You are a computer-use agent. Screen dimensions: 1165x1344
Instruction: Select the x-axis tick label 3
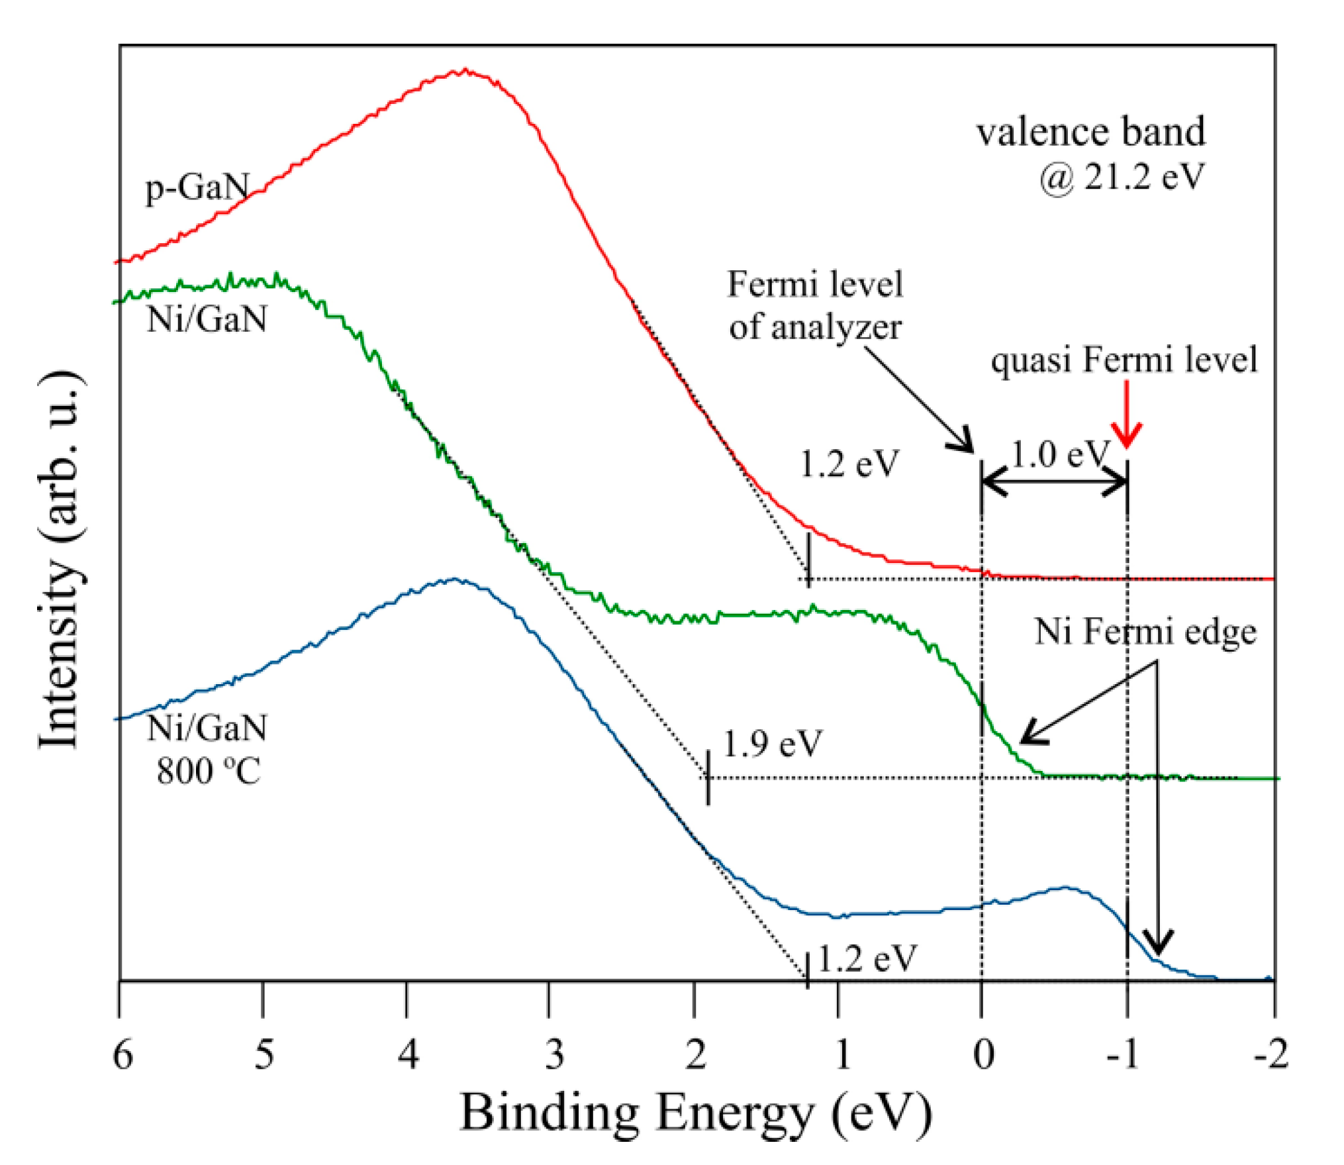click(554, 1054)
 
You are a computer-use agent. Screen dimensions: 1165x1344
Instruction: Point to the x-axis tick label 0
click(984, 1054)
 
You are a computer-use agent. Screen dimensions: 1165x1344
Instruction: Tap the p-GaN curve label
click(197, 187)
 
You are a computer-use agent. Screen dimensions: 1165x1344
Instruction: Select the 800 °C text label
click(209, 770)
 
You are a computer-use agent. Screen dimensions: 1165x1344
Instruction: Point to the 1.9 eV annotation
click(772, 743)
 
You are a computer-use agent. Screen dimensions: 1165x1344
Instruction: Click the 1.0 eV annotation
click(1059, 454)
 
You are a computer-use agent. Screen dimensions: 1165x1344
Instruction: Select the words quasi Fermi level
click(1124, 360)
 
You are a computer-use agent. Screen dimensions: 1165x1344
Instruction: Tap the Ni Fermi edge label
click(1145, 631)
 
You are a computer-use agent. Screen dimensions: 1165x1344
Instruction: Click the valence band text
click(1090, 132)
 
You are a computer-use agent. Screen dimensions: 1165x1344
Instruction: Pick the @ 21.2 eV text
click(1121, 177)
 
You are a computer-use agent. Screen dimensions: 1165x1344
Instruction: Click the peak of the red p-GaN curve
click(465, 70)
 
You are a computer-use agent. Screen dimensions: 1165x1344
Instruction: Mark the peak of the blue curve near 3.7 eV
click(454, 580)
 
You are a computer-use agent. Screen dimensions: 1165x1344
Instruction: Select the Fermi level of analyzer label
click(815, 305)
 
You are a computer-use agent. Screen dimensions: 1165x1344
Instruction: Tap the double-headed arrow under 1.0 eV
click(1054, 481)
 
